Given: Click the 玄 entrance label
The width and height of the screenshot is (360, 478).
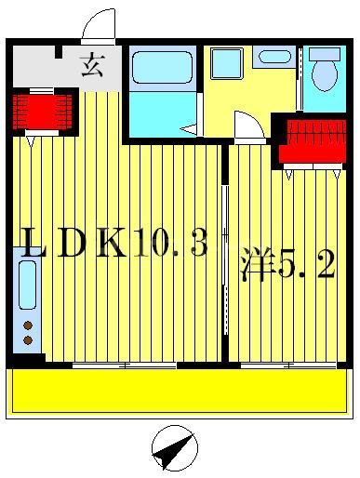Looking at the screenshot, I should (x=91, y=66).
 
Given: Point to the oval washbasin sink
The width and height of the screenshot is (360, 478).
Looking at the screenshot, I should (x=274, y=56).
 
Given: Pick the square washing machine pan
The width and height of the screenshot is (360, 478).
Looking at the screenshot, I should (x=225, y=63).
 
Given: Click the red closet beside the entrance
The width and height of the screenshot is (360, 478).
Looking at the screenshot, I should (x=42, y=111).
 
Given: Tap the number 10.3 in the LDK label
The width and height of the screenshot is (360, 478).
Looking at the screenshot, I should (x=167, y=245).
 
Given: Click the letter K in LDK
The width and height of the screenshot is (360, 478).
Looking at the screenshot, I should (x=111, y=245).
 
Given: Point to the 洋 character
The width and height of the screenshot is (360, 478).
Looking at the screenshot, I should (x=258, y=265).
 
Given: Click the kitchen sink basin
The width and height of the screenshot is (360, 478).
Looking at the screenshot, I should (x=28, y=284).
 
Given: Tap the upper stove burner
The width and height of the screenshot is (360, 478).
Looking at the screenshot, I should (x=29, y=325).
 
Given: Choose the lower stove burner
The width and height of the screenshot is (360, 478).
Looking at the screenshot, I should (x=29, y=340).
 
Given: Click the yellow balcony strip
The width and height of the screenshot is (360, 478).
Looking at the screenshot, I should (x=180, y=391).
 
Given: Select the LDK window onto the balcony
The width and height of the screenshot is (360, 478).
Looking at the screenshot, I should (x=125, y=365).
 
